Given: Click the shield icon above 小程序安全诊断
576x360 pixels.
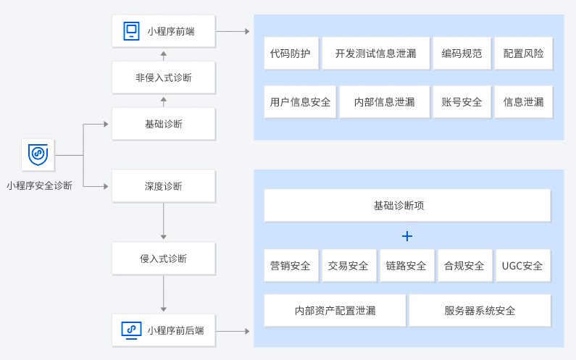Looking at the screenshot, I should click(x=38, y=155).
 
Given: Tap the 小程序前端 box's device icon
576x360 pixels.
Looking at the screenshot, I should click(x=130, y=31).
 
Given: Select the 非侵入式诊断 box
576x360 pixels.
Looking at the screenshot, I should click(x=164, y=78).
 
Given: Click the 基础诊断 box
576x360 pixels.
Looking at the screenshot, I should click(x=164, y=124).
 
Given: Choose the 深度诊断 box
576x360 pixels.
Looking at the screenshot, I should click(x=164, y=186).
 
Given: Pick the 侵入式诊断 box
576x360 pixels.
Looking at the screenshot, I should click(x=164, y=259).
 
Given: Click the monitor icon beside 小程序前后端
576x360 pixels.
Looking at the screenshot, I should click(x=131, y=330).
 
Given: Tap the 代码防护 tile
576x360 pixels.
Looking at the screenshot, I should click(x=290, y=54).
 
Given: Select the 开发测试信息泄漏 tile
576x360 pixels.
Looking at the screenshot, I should click(x=375, y=54).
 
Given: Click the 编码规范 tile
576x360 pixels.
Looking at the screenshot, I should click(x=462, y=54).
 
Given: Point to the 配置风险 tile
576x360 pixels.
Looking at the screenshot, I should click(x=523, y=54).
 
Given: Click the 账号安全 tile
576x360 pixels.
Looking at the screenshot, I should click(x=462, y=102).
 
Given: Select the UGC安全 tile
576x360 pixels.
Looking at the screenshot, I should click(x=522, y=266).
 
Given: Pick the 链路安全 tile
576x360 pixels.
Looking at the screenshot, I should click(x=406, y=266).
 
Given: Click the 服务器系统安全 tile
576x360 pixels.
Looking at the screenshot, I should click(x=480, y=311).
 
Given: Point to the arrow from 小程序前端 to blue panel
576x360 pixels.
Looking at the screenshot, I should click(x=233, y=31).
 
